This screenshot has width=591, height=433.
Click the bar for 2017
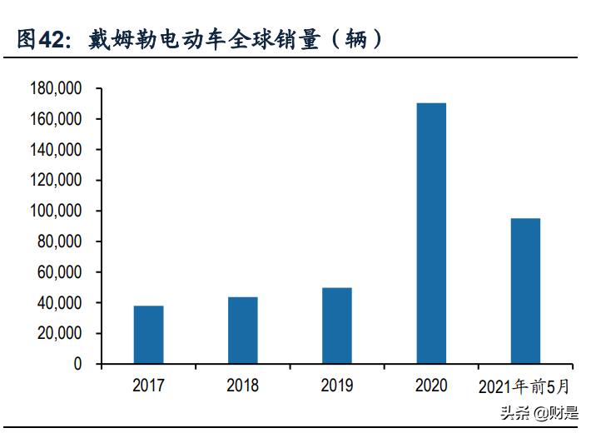pyautogui.click(x=148, y=335)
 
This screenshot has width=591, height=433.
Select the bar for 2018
pyautogui.click(x=242, y=331)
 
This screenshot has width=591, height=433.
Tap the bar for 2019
pyautogui.click(x=336, y=326)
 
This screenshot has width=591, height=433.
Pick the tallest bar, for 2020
pyautogui.click(x=430, y=233)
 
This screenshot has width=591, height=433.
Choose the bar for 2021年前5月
pyautogui.click(x=525, y=291)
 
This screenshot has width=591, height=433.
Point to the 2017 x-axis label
pyautogui.click(x=148, y=386)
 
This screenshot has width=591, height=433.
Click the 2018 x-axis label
pyautogui.click(x=242, y=386)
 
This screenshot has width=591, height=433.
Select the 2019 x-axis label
pyautogui.click(x=336, y=386)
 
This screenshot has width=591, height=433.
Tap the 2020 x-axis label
pyautogui.click(x=430, y=386)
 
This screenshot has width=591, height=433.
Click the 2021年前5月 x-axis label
pyautogui.click(x=525, y=386)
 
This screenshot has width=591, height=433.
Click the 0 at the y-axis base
pyautogui.click(x=77, y=365)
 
